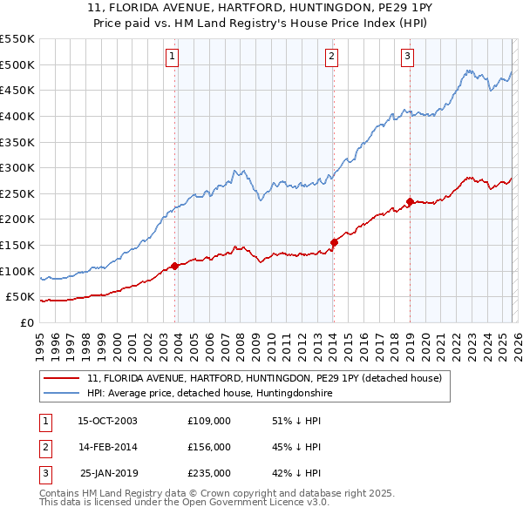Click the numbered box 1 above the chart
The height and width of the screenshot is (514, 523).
tap(172, 57)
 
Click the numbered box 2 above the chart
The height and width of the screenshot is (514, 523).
tap(332, 57)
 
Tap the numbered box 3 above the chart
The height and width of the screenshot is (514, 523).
tap(408, 57)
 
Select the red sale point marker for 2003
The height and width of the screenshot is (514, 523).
tap(175, 266)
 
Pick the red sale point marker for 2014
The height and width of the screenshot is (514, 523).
tap(334, 241)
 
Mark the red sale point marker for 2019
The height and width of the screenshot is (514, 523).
tap(410, 201)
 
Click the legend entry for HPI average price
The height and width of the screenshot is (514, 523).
tap(209, 394)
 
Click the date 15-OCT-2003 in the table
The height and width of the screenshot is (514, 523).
tap(107, 421)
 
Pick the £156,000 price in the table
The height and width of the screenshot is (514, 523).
tap(209, 447)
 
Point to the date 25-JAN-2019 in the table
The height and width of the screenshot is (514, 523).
tap(107, 473)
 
